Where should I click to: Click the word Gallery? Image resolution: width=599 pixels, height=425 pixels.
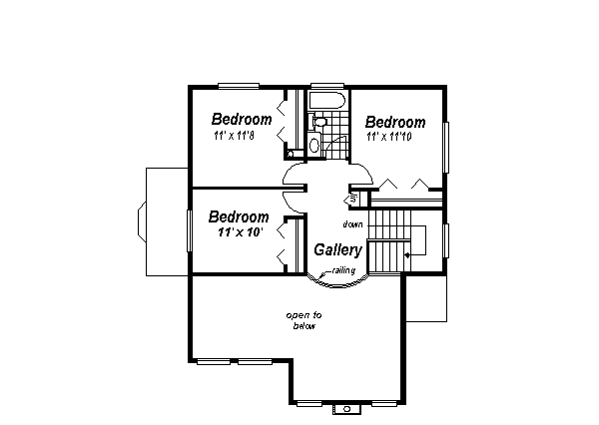pyautogui.click(x=337, y=249)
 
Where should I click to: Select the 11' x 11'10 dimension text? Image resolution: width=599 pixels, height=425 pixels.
pyautogui.click(x=395, y=137)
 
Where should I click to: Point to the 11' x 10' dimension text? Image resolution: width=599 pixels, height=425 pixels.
pyautogui.click(x=239, y=230)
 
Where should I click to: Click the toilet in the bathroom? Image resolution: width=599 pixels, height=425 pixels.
pyautogui.click(x=319, y=123)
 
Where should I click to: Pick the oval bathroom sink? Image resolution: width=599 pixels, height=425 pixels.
pyautogui.click(x=314, y=145)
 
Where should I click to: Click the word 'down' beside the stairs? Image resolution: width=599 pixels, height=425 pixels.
pyautogui.click(x=352, y=223)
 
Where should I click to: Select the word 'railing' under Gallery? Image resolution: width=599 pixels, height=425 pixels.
pyautogui.click(x=344, y=270)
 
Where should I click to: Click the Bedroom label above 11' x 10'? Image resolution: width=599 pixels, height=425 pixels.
pyautogui.click(x=238, y=216)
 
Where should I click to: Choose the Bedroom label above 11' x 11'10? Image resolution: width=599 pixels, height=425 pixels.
pyautogui.click(x=395, y=123)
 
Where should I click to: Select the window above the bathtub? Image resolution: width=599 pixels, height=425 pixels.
pyautogui.click(x=325, y=87)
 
